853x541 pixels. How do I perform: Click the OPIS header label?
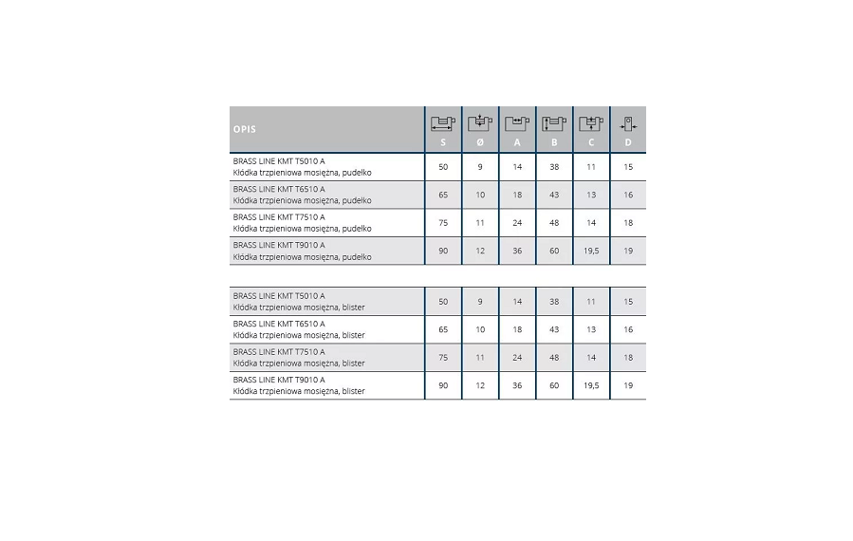coord(245,129)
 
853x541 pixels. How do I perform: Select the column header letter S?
coord(443,142)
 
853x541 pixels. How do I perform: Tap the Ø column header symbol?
coord(480,142)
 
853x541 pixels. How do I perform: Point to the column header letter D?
coord(628,142)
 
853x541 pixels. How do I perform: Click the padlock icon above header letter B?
coord(553,123)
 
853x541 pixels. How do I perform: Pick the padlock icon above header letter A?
coord(516,123)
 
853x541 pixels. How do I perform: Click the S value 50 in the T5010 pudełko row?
coord(443,167)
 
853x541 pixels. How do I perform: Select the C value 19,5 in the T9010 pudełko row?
coord(591,251)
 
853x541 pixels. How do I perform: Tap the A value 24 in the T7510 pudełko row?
coord(517,223)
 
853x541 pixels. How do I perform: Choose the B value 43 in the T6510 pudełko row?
coord(554,195)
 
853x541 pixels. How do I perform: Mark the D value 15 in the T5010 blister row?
coord(628,302)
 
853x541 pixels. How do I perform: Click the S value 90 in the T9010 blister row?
coord(443,385)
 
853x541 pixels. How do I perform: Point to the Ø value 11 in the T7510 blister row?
coord(480,358)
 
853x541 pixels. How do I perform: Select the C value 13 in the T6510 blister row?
coord(591,329)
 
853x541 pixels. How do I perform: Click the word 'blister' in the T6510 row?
coord(353,335)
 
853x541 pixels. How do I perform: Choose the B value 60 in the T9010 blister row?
coord(554,385)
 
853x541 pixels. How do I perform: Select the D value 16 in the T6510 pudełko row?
coord(628,195)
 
